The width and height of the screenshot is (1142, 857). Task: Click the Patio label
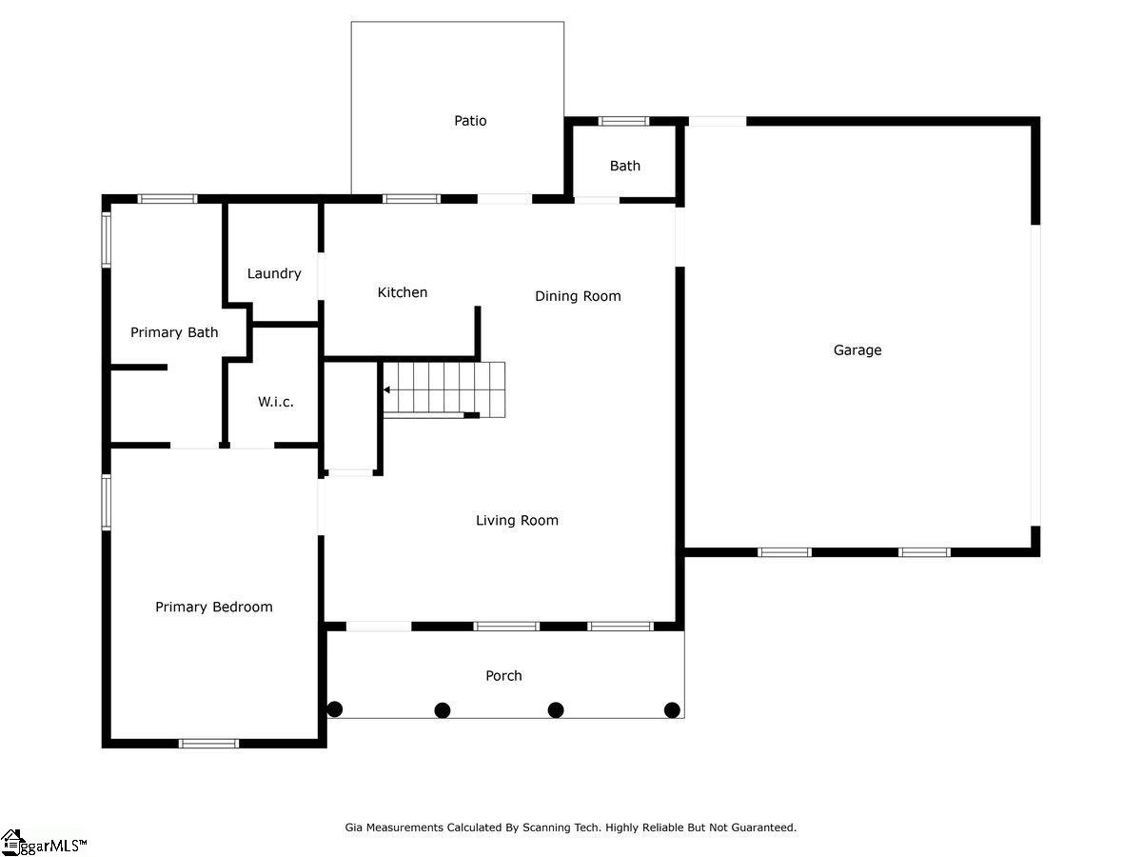pos(470,121)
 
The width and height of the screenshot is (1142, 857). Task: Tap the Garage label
pos(857,350)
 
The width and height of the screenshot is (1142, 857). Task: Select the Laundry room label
pos(274,273)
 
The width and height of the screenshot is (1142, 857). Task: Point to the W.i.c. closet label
pos(276,402)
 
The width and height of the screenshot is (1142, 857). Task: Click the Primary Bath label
pos(174,332)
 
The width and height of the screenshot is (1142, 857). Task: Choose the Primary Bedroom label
pos(214,607)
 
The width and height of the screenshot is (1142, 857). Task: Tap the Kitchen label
pos(403,292)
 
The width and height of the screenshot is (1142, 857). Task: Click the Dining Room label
pos(578,296)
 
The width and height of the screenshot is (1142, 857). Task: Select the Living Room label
pos(517,520)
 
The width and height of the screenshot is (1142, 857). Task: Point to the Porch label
pos(503,675)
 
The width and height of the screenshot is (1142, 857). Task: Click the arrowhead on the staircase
pos(386,389)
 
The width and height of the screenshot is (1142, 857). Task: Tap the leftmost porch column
pos(335,708)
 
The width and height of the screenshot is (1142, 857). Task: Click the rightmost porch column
pos(672,709)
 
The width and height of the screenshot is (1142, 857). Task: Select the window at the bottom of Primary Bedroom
pos(209,744)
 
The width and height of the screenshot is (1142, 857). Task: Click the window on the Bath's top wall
pos(623,121)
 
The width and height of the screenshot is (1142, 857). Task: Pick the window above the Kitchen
pos(411,199)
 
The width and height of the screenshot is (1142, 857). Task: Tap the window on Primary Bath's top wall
pos(167,199)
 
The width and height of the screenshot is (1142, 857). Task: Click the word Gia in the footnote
pos(354,827)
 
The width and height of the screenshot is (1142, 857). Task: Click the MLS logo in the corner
pos(43,843)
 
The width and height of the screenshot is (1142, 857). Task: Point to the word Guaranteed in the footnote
pos(764,827)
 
